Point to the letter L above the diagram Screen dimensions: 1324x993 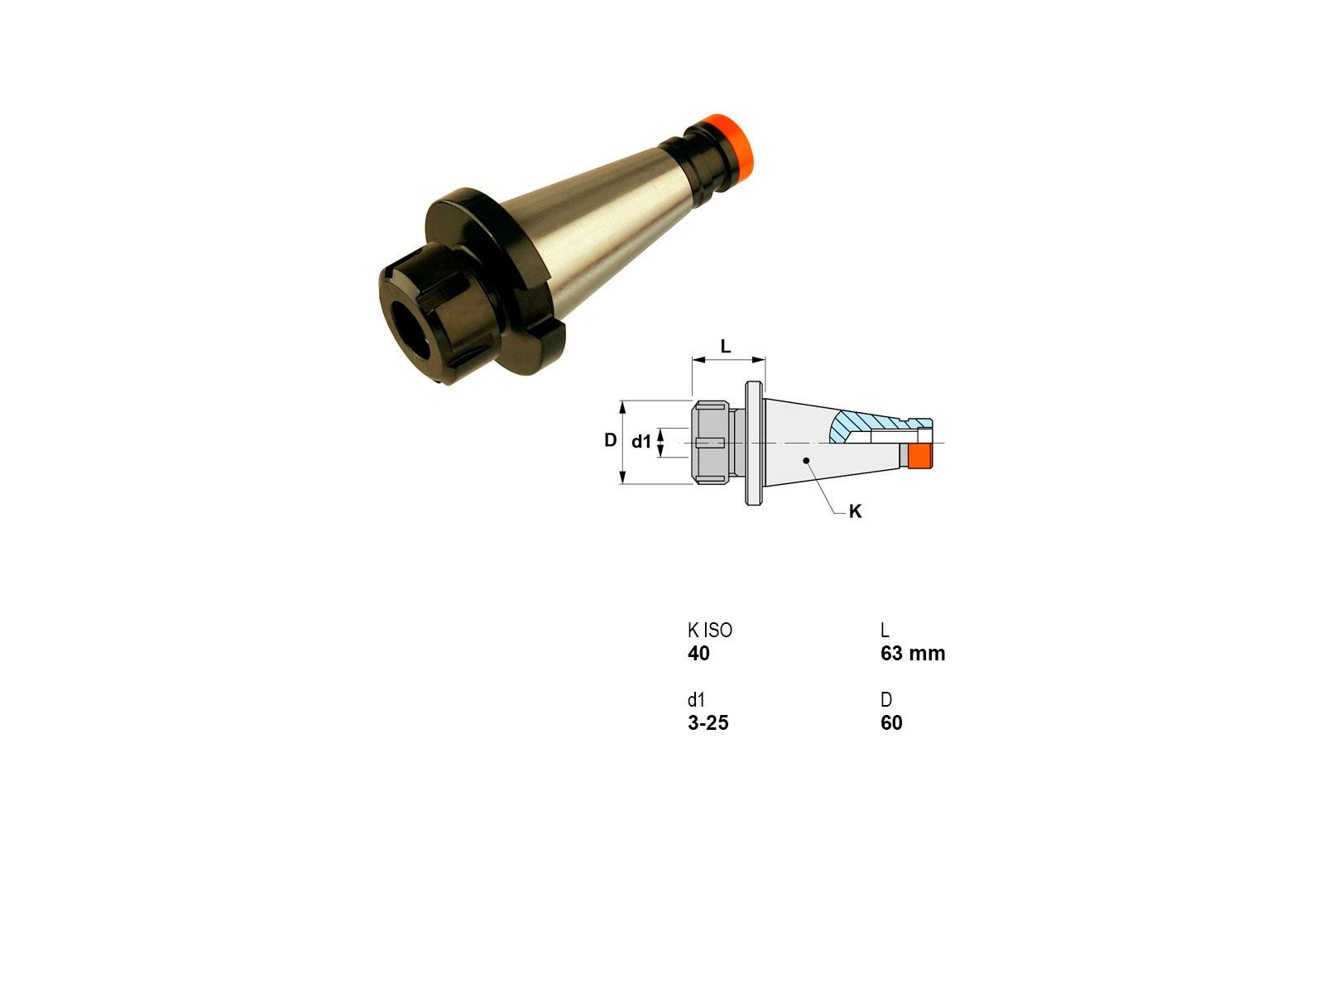(726, 346)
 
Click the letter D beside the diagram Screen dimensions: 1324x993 (611, 440)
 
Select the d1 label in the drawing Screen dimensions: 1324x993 (641, 442)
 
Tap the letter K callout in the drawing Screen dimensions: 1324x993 (855, 511)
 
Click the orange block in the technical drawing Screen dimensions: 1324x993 (920, 456)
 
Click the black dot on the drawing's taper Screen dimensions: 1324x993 (806, 461)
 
